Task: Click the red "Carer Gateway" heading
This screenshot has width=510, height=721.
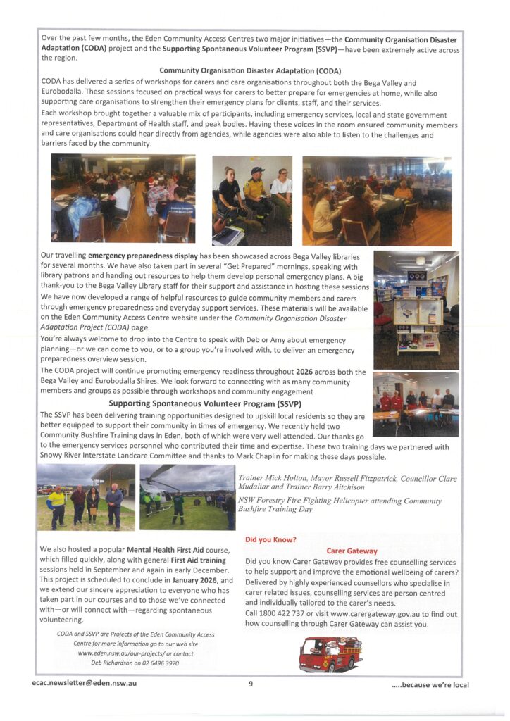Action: [x=352, y=551]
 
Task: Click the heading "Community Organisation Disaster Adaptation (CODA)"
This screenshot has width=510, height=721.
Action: [x=250, y=71]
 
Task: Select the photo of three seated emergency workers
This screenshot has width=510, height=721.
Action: [x=251, y=200]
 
